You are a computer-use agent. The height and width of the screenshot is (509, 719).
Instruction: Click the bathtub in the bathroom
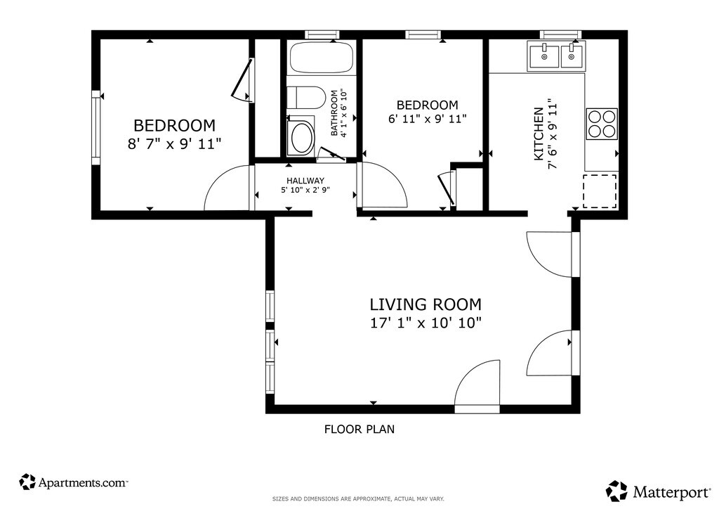click(321, 58)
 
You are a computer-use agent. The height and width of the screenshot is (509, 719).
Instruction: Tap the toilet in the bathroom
click(306, 96)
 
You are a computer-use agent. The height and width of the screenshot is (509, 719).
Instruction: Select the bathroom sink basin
click(301, 137)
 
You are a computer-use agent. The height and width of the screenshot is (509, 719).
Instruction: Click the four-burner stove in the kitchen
click(602, 124)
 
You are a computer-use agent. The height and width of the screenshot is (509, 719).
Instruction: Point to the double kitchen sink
click(557, 56)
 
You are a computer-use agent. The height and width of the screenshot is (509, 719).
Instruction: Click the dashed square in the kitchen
click(600, 191)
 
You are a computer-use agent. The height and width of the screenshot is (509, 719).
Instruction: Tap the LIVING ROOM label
click(426, 304)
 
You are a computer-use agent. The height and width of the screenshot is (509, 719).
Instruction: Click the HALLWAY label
click(305, 181)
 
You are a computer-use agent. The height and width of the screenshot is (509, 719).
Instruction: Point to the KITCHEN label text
click(539, 134)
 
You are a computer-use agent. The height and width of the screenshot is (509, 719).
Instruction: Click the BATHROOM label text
click(334, 112)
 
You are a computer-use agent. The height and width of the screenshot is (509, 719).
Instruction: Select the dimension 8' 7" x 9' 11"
click(174, 144)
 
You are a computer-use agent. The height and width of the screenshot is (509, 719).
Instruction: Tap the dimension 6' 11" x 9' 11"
click(428, 119)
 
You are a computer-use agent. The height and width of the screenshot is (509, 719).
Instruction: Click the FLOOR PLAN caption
click(359, 429)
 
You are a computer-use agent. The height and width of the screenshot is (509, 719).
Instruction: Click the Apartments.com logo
click(73, 482)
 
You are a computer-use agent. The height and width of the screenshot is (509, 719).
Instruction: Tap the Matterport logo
click(659, 491)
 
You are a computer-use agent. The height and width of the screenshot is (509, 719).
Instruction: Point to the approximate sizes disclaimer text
click(358, 498)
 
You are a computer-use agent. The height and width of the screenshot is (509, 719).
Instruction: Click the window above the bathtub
click(322, 34)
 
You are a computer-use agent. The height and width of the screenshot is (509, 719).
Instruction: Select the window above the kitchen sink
click(560, 34)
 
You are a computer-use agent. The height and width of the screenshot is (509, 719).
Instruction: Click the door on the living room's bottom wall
click(477, 409)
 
